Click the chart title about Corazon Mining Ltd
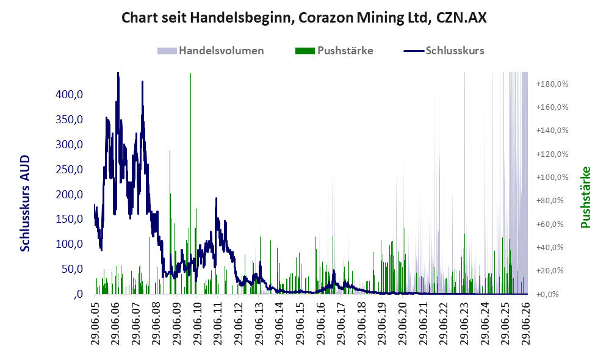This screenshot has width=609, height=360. (304, 18)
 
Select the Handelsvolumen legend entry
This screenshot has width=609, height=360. (211, 51)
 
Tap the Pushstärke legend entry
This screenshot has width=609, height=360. (334, 51)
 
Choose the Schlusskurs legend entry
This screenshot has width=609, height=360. (444, 51)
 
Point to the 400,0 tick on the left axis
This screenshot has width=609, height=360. (69, 95)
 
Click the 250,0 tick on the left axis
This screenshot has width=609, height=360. (69, 169)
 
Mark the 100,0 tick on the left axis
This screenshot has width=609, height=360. (69, 244)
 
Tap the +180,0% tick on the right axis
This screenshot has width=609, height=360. (552, 84)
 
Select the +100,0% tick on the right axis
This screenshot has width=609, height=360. (552, 178)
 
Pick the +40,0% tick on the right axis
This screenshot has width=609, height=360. (550, 247)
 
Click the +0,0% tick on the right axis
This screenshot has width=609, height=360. (547, 294)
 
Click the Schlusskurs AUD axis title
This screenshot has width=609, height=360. (25, 203)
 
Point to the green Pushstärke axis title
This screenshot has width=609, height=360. (585, 197)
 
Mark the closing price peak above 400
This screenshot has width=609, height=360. (118, 74)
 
